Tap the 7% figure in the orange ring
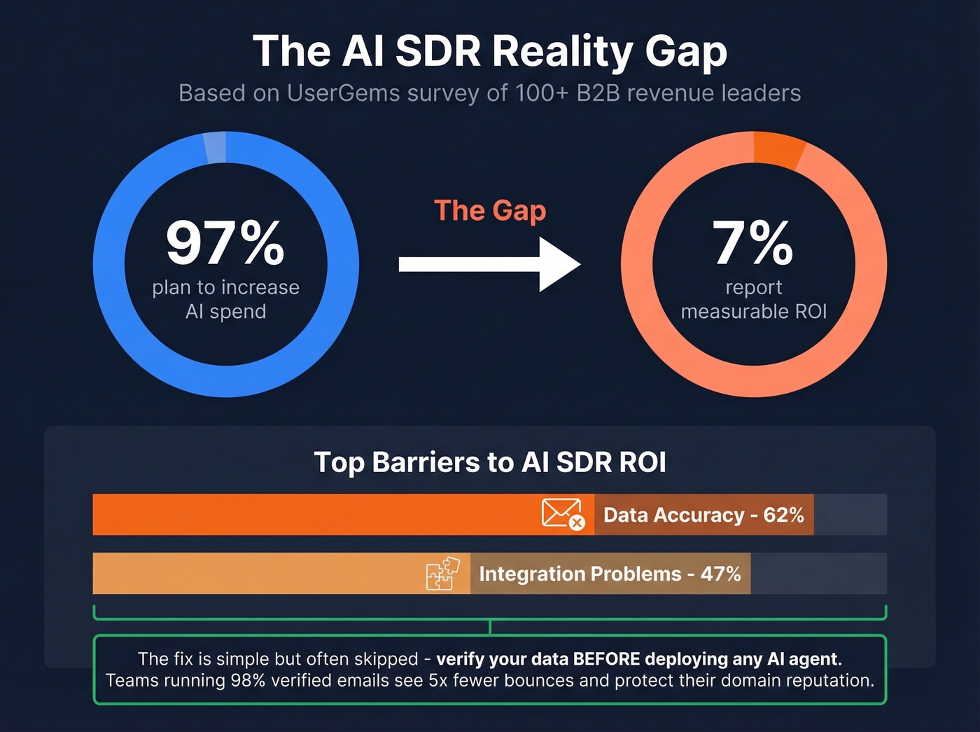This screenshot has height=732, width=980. coord(753,243)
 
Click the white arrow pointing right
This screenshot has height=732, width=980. coord(489,264)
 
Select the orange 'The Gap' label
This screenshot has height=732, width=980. coord(489,210)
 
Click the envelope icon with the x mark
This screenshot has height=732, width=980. coord(563,514)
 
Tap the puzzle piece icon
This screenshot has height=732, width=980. coord(443,573)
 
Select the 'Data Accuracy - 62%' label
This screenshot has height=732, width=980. coord(703,515)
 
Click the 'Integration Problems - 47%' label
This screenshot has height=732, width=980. coord(610,574)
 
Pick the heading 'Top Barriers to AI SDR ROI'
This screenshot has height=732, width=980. coord(489,462)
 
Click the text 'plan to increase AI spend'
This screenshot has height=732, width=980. coord(225,299)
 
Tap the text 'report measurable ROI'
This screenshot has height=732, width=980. coord(753,299)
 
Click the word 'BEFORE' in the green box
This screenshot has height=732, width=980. coord(606,659)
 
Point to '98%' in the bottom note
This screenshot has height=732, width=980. coord(248,680)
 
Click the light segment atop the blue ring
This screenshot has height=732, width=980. coord(215,148)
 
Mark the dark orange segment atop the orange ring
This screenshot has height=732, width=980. coord(778,149)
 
